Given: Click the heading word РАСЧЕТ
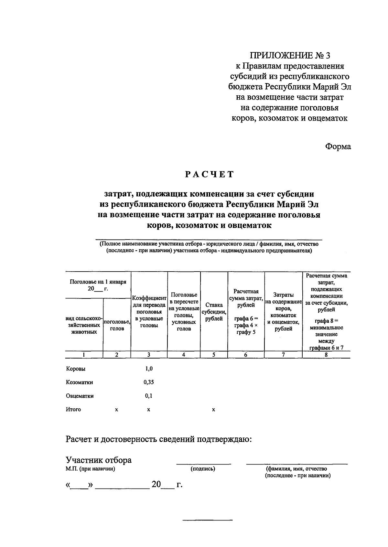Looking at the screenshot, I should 209,175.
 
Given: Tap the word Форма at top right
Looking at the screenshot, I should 338,146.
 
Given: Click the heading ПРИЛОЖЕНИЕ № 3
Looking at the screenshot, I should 290,56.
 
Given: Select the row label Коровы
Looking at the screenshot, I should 76,369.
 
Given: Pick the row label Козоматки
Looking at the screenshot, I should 80,382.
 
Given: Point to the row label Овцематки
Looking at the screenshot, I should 80,396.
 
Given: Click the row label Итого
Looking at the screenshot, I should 73,410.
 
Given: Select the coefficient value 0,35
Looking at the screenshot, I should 149,382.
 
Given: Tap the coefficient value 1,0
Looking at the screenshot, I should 149,369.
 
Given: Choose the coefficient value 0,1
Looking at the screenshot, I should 149,396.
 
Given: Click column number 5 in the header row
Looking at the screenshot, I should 214,355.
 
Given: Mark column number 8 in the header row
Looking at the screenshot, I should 326,355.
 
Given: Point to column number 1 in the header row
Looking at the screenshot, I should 84,355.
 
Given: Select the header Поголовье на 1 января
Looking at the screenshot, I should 98,282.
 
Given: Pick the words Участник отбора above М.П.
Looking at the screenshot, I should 99,460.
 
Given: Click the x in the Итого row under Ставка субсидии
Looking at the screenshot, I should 213,410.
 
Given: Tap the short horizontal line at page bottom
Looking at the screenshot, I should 208,520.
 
